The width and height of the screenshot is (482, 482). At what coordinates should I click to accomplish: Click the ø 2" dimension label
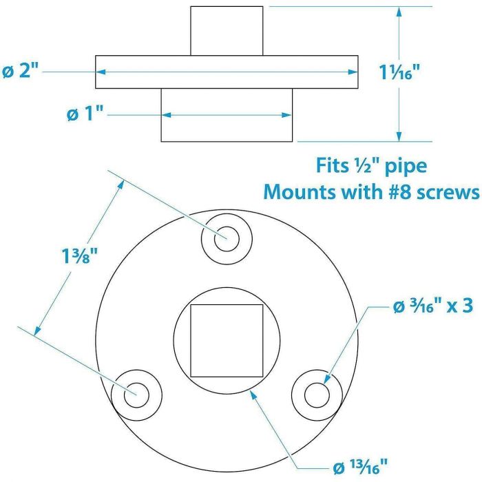click(21, 71)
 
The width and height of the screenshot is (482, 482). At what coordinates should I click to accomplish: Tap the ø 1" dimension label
click(85, 114)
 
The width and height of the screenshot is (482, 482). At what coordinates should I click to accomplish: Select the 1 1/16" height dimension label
click(399, 72)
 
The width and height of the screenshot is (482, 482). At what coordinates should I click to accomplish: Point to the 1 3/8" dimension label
click(79, 255)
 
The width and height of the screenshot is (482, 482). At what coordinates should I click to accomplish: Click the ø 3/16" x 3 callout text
click(433, 306)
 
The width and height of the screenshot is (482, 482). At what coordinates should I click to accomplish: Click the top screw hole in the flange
click(227, 239)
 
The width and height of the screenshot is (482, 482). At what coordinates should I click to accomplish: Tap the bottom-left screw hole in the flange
click(136, 395)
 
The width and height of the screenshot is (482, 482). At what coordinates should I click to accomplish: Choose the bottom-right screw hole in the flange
click(317, 395)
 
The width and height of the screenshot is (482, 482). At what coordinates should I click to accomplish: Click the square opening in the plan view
click(227, 341)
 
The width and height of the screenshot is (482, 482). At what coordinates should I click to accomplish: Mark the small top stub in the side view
click(227, 31)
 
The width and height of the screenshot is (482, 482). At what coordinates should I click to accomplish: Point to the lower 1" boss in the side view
click(227, 115)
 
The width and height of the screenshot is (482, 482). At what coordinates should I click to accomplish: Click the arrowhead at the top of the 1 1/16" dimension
click(399, 12)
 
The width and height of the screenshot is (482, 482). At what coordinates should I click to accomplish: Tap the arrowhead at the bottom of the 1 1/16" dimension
click(399, 136)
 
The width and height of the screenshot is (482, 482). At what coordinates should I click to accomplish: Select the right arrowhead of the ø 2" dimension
click(353, 72)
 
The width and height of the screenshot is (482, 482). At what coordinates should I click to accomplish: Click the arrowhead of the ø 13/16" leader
click(253, 395)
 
